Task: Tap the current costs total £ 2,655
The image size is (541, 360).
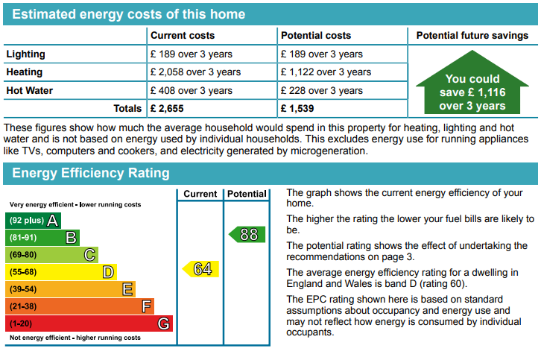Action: (167, 108)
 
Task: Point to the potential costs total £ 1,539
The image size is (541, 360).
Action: (297, 108)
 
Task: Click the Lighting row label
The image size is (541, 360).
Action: (26, 54)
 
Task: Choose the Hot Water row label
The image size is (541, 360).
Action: (30, 90)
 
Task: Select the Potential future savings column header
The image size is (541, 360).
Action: (472, 36)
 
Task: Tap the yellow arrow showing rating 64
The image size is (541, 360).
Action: (200, 269)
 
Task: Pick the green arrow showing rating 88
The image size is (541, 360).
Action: (247, 234)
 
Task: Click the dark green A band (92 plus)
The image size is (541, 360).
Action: (33, 221)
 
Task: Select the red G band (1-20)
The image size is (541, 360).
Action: (89, 323)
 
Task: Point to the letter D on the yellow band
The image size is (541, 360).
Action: (108, 272)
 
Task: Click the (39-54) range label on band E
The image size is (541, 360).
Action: (23, 289)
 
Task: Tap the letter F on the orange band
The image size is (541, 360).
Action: (147, 306)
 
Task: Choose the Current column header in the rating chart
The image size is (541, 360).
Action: (200, 194)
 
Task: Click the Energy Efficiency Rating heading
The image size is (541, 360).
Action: (91, 173)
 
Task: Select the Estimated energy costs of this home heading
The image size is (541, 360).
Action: (129, 14)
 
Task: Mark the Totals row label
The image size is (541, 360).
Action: (127, 108)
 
